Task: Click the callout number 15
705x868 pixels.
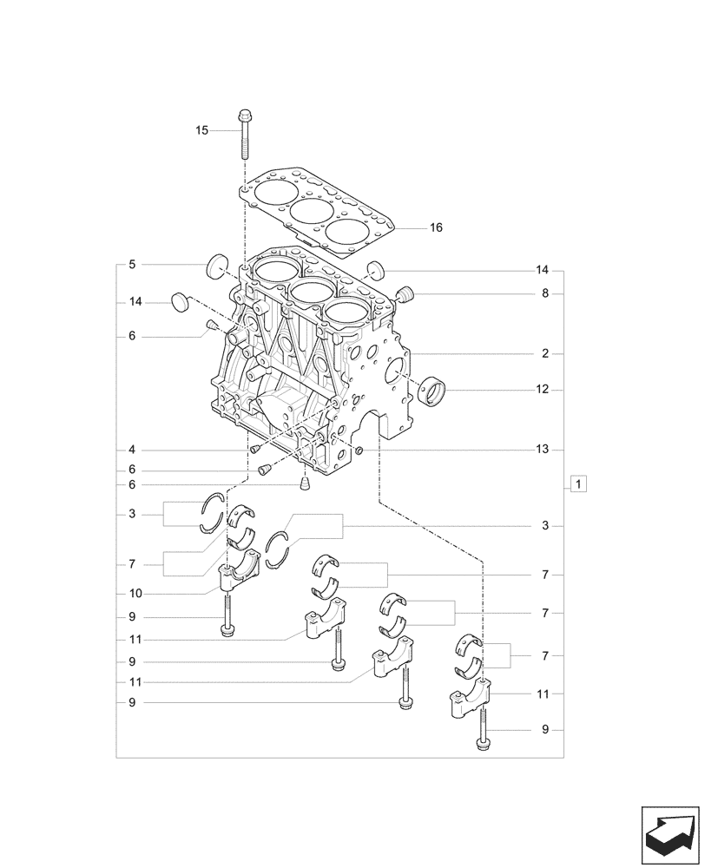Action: click(201, 130)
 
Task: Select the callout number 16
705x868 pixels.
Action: click(436, 227)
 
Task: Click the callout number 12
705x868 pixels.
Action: click(543, 390)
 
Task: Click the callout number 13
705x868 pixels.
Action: click(543, 450)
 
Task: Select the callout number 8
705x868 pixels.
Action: click(545, 293)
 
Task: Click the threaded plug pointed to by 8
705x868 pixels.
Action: click(405, 295)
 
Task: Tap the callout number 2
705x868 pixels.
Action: click(545, 354)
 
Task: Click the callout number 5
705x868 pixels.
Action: click(132, 264)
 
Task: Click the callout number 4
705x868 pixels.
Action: click(132, 450)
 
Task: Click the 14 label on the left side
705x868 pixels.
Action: click(135, 302)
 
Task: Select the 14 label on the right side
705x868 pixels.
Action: click(543, 269)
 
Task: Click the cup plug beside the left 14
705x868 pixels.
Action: click(180, 300)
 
